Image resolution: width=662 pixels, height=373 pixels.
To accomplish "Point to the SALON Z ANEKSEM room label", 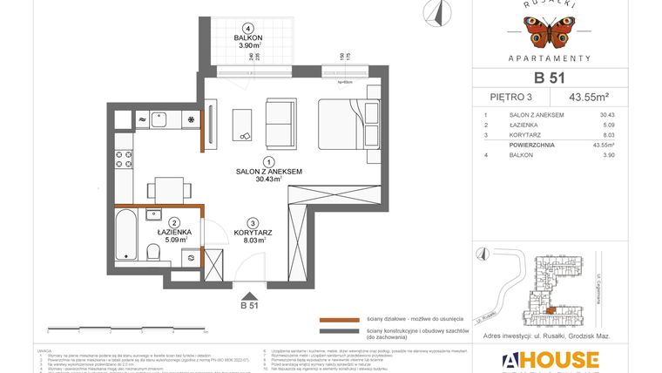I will (269, 173).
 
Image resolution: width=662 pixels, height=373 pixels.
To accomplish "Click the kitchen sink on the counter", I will (159, 120).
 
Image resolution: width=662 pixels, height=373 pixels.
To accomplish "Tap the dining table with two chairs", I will (163, 188).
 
